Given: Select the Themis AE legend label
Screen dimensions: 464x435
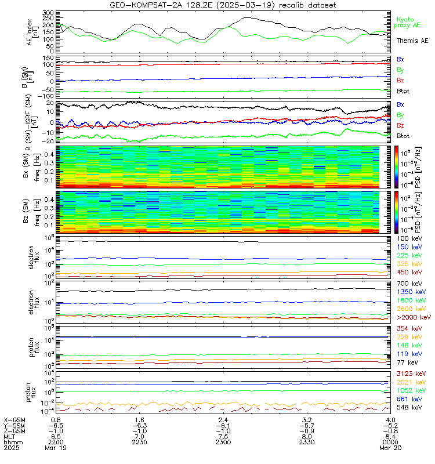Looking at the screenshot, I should pos(412,41).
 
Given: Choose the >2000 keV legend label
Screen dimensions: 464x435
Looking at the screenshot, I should pos(412,317).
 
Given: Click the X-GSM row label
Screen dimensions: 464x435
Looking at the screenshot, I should pos(14,419).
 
